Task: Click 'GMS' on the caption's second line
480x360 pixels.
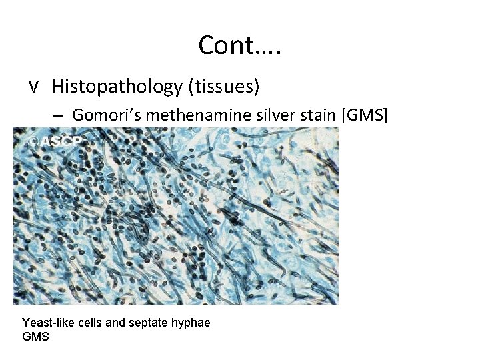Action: point(35,337)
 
